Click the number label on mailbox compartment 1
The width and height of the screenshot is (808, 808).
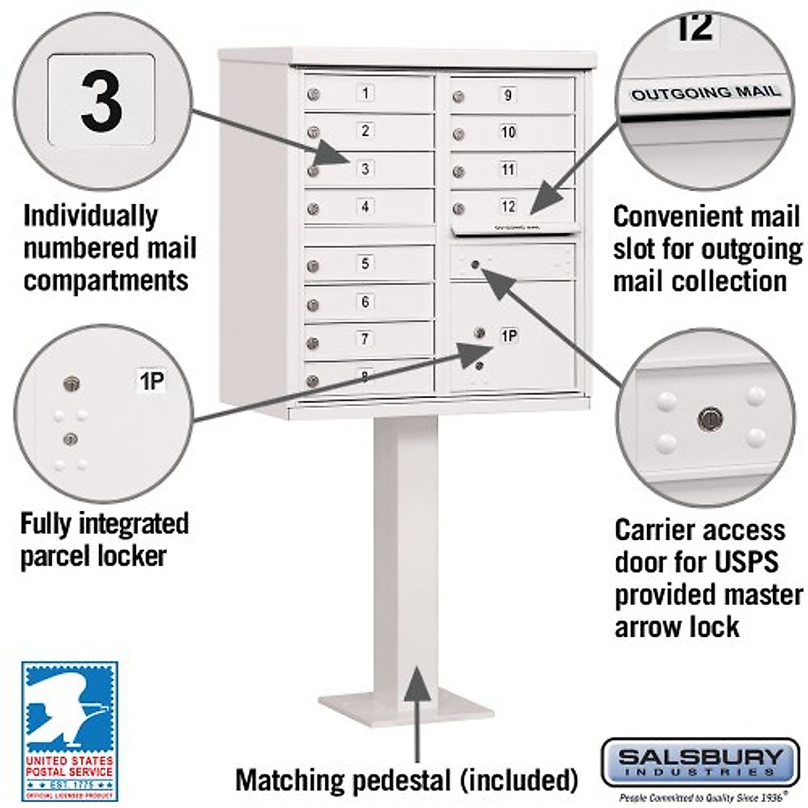(366, 93)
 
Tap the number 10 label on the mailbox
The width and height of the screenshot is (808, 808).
(508, 132)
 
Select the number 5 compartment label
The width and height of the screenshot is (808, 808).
(366, 263)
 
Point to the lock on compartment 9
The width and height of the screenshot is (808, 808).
(459, 98)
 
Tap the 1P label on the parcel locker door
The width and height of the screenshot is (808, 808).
(509, 335)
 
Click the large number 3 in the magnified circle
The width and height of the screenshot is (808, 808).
(102, 101)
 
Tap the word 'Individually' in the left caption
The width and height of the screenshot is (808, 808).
(91, 217)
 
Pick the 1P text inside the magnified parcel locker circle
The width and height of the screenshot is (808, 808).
(151, 382)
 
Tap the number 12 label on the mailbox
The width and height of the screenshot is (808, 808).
(508, 207)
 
